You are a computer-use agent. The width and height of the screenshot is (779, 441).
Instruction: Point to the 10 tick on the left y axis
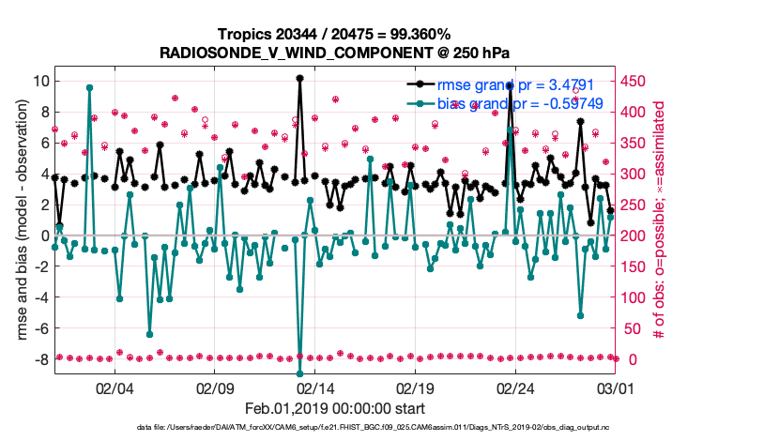coord(39,81)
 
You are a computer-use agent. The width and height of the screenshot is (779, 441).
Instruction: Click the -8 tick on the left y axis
coord(39,359)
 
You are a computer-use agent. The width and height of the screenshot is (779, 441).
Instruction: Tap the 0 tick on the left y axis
coord(43,236)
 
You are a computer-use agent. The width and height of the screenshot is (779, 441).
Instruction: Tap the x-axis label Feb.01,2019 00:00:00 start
coord(335,409)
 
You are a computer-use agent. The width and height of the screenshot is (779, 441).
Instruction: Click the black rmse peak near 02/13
coord(299,78)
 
